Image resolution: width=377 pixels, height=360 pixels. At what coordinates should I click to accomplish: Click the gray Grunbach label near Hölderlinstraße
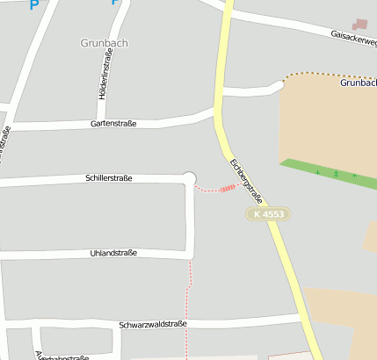[103, 42]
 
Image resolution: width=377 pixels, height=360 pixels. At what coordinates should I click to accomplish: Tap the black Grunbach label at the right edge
[358, 83]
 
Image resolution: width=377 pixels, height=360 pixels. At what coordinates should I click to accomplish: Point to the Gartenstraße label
[113, 124]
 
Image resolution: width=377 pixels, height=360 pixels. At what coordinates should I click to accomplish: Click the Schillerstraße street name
[109, 178]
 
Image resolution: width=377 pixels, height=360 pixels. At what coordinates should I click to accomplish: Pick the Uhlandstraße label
[113, 254]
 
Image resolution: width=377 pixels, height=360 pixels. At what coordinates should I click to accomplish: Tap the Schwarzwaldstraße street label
[153, 324]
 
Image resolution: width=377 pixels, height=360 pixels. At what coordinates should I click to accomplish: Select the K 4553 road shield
[267, 213]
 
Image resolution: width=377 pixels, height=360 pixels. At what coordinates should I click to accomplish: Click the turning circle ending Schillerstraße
[189, 178]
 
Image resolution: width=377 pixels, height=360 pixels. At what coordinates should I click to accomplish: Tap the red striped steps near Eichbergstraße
[228, 187]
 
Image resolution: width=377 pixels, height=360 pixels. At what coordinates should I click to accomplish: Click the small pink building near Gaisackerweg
[360, 25]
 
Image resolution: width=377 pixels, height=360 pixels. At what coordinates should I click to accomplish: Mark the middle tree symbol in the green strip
[336, 173]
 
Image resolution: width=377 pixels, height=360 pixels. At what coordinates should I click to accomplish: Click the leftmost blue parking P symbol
[34, 4]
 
